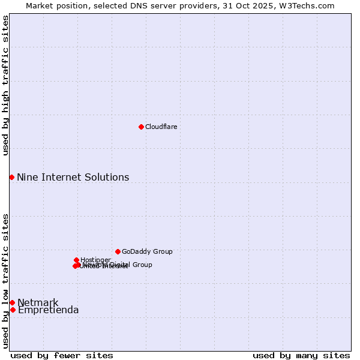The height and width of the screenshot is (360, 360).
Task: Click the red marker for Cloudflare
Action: [x=141, y=127]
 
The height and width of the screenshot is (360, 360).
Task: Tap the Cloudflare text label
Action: [x=161, y=127]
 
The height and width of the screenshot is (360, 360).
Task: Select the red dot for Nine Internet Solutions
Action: [x=11, y=177]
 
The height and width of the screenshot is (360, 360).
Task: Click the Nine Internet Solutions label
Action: [x=73, y=177]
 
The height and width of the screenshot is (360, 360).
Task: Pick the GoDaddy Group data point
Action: [x=118, y=251]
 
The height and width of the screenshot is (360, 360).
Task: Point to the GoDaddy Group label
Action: [x=147, y=251]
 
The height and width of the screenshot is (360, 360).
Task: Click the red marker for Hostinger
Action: [x=76, y=260]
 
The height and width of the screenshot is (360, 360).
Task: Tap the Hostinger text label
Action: [x=95, y=260]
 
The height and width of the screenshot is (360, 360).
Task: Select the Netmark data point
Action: [x=12, y=302]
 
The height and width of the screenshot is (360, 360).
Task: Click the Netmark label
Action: [x=38, y=302]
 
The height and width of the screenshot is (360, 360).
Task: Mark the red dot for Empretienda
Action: [x=13, y=310]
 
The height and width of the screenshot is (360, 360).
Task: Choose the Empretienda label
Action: [x=48, y=310]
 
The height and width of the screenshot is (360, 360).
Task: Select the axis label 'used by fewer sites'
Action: [x=62, y=355]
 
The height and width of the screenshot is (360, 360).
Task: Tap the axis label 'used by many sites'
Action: [x=301, y=355]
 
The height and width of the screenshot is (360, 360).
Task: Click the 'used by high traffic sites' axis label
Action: [x=5, y=85]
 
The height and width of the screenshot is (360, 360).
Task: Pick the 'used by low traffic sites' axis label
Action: [x=5, y=280]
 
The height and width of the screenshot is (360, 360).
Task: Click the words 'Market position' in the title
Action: [x=54, y=5]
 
